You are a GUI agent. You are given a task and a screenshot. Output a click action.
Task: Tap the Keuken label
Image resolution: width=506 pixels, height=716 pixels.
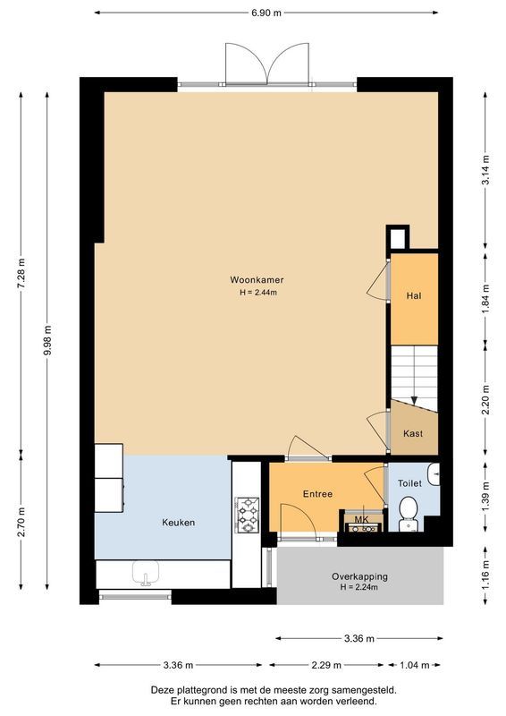click(178, 523)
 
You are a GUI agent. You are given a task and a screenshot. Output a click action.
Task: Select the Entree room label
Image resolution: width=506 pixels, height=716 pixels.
click(317, 493)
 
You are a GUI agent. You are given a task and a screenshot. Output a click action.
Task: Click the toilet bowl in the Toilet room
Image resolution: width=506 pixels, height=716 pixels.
click(408, 508)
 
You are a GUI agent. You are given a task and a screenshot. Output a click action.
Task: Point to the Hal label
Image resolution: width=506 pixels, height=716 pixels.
click(413, 295)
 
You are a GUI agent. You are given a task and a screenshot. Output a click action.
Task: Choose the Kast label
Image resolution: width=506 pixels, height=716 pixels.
click(412, 433)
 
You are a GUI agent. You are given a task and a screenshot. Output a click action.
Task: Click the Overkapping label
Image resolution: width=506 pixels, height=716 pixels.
click(358, 576)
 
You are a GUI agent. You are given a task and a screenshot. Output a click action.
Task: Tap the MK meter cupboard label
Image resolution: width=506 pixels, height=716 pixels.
click(361, 518)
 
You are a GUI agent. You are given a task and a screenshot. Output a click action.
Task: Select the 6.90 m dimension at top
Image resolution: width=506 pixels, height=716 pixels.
click(266, 13)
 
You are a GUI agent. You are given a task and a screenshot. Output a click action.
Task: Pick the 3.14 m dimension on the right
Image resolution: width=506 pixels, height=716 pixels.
click(485, 171)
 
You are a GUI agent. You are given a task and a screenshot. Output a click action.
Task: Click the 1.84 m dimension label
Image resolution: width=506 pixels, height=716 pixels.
click(485, 297)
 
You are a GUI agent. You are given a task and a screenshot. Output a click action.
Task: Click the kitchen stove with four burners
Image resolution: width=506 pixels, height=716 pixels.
click(247, 515)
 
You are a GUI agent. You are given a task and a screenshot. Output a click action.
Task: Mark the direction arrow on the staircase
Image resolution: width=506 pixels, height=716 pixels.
click(413, 403)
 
